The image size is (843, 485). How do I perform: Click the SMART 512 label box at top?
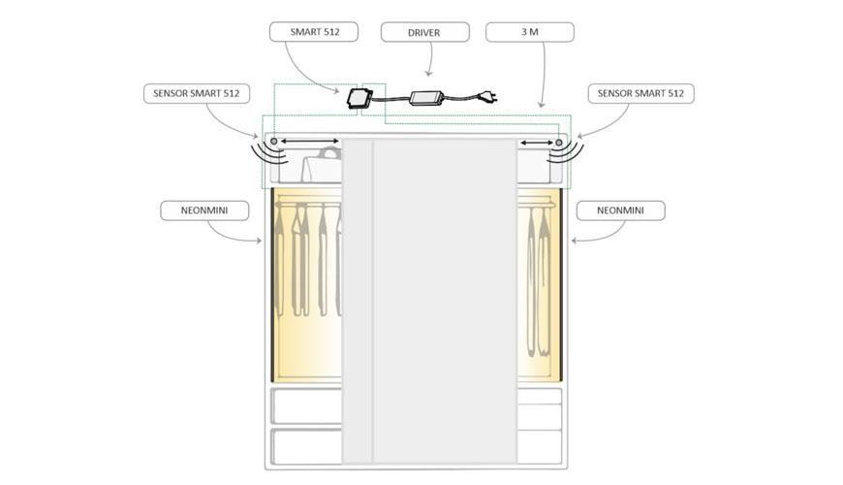pos(314,32)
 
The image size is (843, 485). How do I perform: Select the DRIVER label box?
pos(424,32)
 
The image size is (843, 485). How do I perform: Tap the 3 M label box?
pos(530,32)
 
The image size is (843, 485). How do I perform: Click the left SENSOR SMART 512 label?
pos(197,93)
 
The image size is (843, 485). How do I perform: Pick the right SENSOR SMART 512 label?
pos(640,93)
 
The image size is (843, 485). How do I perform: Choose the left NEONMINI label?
pos(204,210)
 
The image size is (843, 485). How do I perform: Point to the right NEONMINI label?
pos(620,210)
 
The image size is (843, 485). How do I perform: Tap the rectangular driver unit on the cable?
pos(427,98)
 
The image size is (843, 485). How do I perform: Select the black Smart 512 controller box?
pos(359,99)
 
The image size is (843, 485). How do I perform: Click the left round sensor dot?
pos(274,142)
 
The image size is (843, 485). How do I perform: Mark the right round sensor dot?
pos(559,143)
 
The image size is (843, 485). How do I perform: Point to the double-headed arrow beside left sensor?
pos(310,142)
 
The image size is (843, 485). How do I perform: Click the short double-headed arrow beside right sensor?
pos(537,143)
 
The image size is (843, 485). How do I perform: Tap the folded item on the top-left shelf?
pos(322,166)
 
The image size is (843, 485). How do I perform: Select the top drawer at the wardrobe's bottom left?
pos(307,405)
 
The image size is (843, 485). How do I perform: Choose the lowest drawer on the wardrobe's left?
pos(307,446)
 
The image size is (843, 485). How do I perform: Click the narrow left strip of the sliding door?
pos(358,301)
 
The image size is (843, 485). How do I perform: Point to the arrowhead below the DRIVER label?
pos(428,73)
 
